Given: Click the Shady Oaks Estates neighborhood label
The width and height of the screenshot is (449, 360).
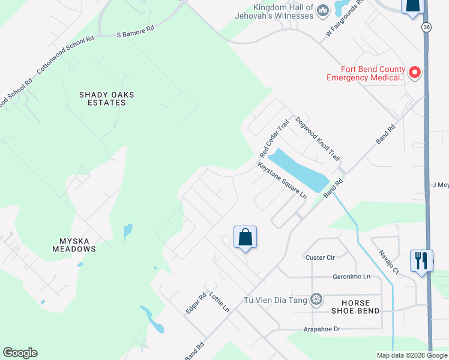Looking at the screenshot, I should (107, 98).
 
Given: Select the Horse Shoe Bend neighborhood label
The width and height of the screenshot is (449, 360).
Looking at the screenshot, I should (356, 307).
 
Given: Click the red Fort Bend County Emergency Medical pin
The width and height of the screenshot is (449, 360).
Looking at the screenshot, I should (414, 73).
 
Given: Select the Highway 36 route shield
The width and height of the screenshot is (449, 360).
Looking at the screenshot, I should (426, 28).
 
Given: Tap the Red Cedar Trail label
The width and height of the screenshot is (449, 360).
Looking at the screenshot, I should (274, 136).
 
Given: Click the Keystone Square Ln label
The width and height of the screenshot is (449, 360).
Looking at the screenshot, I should (282, 181).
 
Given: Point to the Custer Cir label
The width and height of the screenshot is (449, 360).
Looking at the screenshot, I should (319, 257).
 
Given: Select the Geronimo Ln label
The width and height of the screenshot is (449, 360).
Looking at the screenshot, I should (351, 277).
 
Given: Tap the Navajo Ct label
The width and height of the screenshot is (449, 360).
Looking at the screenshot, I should (388, 262).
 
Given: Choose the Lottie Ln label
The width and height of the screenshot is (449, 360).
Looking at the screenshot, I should (219, 302).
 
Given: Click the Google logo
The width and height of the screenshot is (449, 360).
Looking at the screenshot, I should (20, 353).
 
